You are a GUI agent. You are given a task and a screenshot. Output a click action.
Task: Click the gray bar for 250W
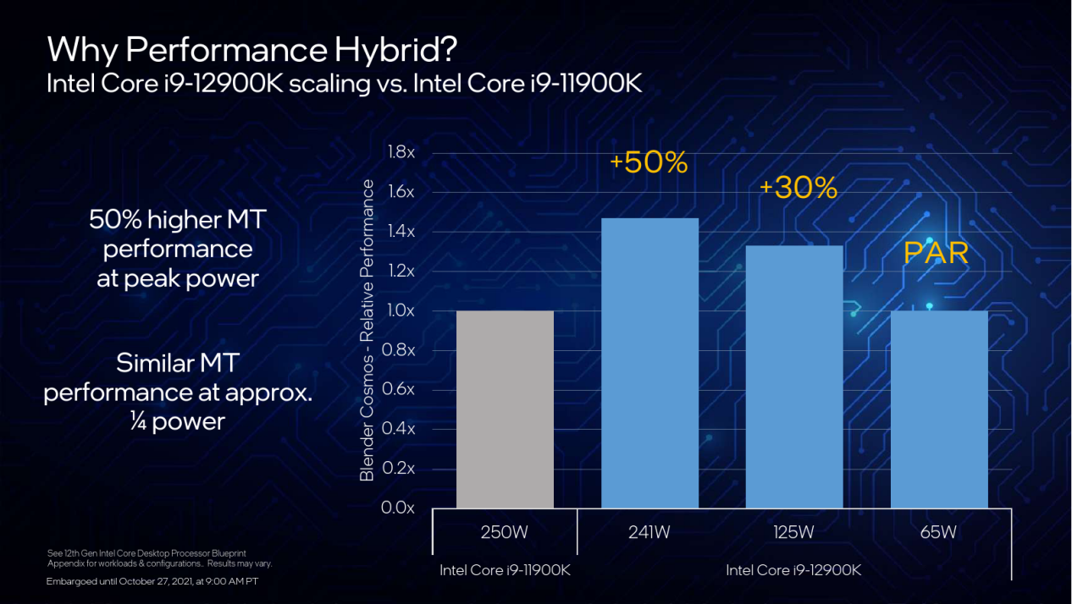tap(505, 409)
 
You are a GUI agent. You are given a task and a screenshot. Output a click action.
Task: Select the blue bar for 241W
tap(649, 363)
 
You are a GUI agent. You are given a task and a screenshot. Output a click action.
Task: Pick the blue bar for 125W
tap(794, 376)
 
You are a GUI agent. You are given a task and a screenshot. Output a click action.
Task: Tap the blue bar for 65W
tap(939, 409)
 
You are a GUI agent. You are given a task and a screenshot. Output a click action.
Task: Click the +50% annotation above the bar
tap(649, 162)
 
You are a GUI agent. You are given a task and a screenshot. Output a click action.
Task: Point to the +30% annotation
tap(798, 188)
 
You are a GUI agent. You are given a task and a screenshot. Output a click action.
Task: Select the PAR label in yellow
tap(936, 253)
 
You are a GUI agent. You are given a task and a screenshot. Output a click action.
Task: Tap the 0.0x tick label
tap(397, 508)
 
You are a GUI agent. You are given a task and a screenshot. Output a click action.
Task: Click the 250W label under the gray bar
tap(505, 533)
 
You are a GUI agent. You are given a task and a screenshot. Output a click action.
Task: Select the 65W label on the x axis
tap(938, 533)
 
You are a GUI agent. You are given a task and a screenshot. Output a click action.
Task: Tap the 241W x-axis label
tap(649, 533)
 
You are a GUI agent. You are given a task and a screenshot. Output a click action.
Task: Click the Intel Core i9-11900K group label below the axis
tap(505, 570)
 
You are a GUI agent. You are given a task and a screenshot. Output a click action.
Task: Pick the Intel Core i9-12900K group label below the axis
tap(793, 570)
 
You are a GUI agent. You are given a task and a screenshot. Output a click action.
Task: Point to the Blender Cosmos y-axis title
tap(367, 330)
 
